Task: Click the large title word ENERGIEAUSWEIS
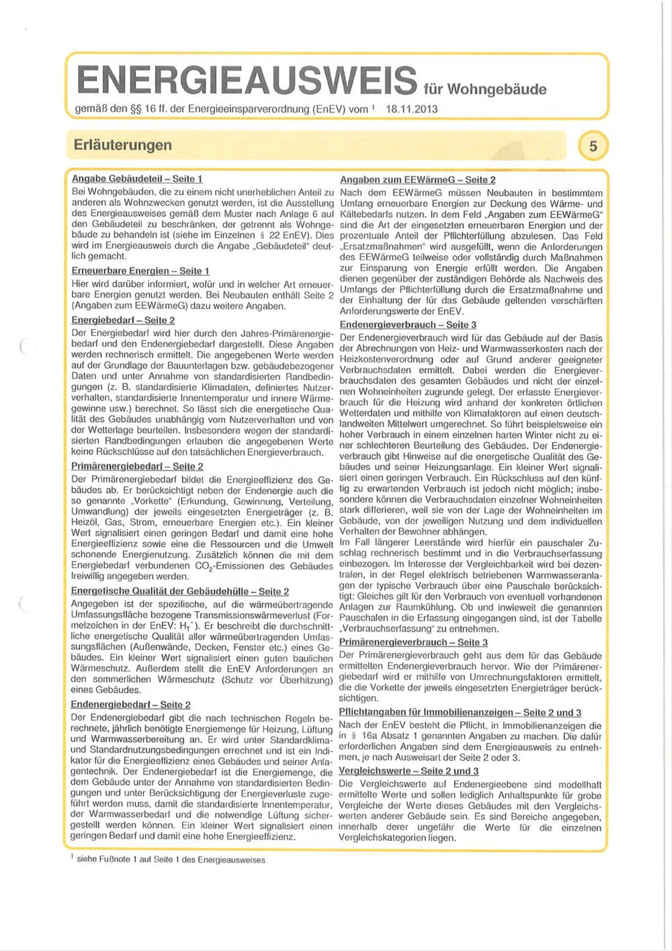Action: [247, 80]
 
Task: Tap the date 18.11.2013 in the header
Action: [412, 109]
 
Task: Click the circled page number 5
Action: [593, 146]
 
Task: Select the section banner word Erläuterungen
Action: [123, 145]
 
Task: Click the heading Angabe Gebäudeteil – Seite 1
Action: [137, 179]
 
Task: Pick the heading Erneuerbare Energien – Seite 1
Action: [141, 271]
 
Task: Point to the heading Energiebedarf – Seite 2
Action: [123, 320]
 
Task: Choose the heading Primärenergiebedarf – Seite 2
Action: [137, 466]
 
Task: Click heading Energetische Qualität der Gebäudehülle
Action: [180, 591]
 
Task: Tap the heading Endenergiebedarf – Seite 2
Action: [130, 705]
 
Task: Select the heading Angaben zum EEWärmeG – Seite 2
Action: [418, 180]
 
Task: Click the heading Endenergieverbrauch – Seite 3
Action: [408, 325]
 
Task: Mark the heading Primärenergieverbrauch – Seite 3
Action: [413, 642]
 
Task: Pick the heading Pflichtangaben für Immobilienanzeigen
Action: [460, 712]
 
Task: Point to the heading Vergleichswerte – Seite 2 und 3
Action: [409, 771]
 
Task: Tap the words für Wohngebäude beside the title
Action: [485, 89]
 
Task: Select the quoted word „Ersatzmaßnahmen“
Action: [379, 247]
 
